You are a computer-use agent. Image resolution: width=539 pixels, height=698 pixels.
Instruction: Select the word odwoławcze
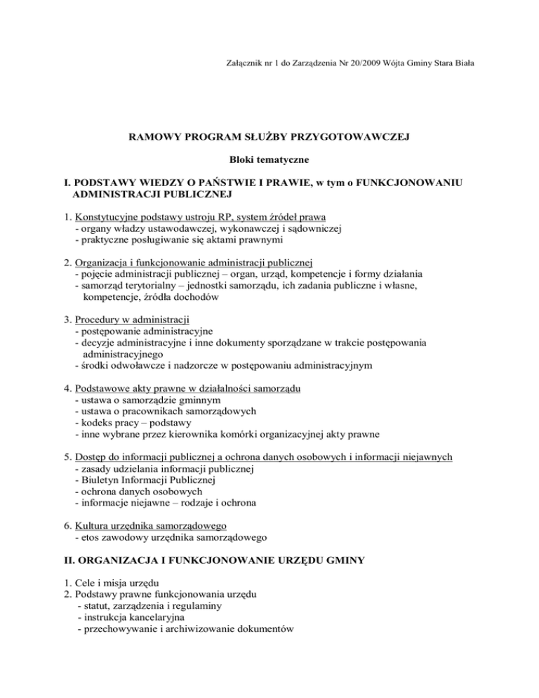click(x=135, y=365)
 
